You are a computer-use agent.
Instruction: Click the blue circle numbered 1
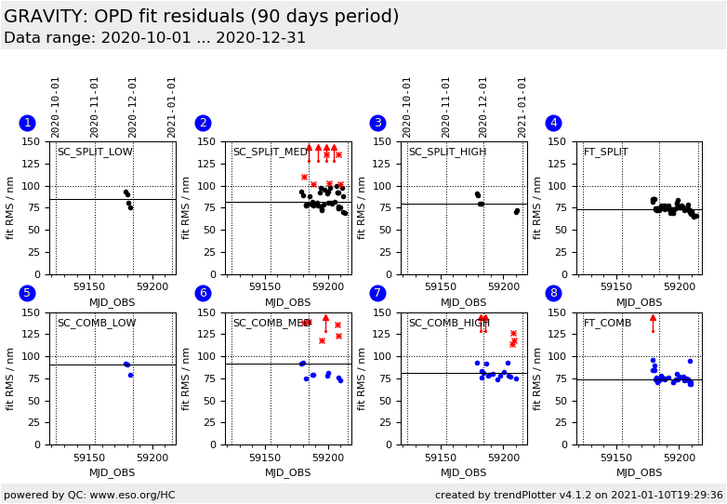coord(27,123)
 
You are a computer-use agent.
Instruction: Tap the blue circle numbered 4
coord(553,123)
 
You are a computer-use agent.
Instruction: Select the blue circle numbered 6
coord(203,293)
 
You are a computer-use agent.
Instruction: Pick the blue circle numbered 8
coord(553,293)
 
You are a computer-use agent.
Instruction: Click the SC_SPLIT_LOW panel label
coord(95,153)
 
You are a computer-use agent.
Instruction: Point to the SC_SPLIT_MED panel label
coord(271,153)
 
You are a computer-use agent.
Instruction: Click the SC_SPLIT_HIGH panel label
coord(447,153)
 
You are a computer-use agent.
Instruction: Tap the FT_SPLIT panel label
coord(605,153)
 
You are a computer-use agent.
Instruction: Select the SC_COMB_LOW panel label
coord(97,323)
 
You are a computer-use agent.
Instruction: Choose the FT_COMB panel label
coord(607,323)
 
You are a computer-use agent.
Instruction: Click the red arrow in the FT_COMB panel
coord(653,322)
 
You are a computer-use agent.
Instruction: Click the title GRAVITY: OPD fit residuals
coord(201,17)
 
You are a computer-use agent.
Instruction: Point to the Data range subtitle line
coord(154,38)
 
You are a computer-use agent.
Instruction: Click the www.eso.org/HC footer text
coord(89,495)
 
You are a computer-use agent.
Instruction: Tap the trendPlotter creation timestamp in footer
coord(578,495)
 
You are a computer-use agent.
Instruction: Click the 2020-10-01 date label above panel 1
coord(56,107)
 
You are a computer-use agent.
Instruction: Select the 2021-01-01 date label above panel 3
coord(522,107)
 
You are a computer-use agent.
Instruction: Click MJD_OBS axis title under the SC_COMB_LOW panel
coord(112,472)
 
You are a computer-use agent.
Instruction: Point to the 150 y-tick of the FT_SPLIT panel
coord(562,142)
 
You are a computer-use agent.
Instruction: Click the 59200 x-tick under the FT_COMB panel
coord(679,458)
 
